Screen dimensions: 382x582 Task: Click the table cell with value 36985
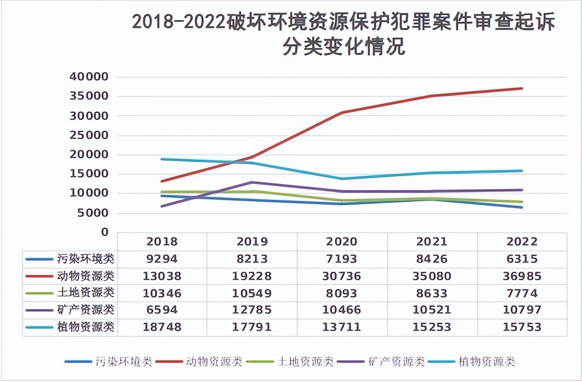[521, 276]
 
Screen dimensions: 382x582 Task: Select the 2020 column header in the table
[341, 241]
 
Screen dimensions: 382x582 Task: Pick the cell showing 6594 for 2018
[163, 310]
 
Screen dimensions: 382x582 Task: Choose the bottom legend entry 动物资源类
[215, 361]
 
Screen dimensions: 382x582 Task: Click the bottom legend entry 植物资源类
[486, 361]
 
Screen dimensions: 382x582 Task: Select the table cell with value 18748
[163, 327]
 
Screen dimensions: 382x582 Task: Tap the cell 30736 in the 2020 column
[341, 276]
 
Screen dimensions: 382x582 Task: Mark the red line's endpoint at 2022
[521, 88]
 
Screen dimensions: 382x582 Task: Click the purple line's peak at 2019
[252, 182]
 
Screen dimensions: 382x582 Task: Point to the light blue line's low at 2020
[341, 179]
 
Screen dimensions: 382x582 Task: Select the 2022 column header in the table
[521, 241]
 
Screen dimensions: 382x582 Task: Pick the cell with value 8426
[431, 259]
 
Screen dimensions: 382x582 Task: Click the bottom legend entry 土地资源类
[305, 361]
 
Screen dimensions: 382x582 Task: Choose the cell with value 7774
[521, 293]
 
